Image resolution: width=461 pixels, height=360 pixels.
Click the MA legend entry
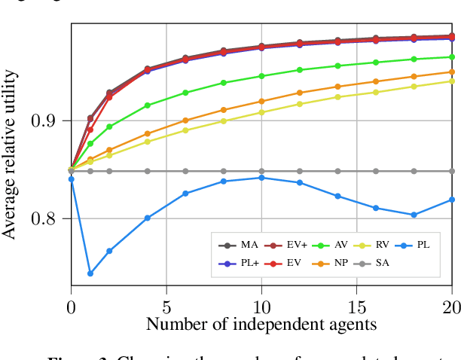tap(240, 245)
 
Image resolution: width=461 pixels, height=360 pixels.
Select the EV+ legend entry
tap(288, 245)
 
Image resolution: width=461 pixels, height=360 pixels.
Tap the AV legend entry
tap(333, 245)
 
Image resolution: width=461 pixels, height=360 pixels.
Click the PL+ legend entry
tap(240, 264)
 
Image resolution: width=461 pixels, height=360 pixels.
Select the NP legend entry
tap(333, 264)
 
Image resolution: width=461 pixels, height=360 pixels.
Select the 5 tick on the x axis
tap(166, 307)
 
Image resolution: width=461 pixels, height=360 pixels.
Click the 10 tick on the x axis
tap(261, 307)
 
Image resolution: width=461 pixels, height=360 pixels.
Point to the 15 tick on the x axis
tap(356, 307)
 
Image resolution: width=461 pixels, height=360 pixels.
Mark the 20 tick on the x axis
tap(451, 307)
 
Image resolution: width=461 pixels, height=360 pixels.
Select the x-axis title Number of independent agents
tap(261, 325)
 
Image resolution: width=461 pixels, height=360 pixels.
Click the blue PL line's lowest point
tap(90, 273)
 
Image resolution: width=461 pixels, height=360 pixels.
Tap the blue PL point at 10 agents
tap(261, 178)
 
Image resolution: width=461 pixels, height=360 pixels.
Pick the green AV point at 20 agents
tap(451, 56)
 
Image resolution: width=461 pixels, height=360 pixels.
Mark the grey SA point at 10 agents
tap(261, 171)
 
